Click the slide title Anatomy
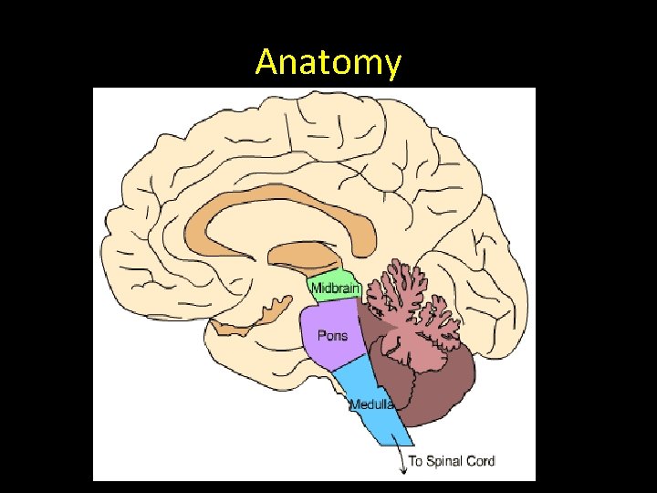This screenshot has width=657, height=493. click(328, 62)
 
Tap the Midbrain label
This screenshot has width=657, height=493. click(336, 289)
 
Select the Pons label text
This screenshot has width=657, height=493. click(332, 335)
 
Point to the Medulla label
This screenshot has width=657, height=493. click(372, 404)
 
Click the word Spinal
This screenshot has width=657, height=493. click(445, 461)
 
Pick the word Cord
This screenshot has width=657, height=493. click(481, 461)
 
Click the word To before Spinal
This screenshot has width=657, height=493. click(415, 461)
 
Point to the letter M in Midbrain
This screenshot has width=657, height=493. click(317, 289)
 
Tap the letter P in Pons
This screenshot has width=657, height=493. click(321, 335)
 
